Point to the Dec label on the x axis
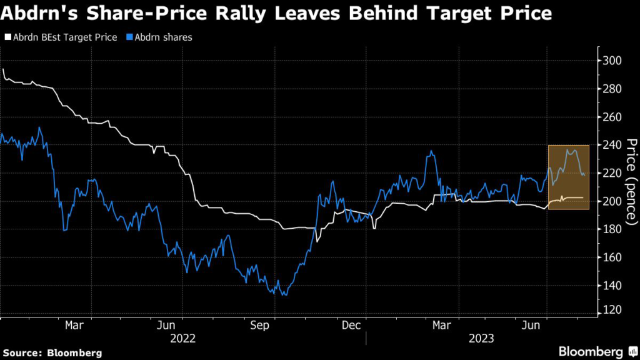[x=351, y=325]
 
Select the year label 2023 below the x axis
[x=481, y=338]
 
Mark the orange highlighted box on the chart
[x=568, y=177]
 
